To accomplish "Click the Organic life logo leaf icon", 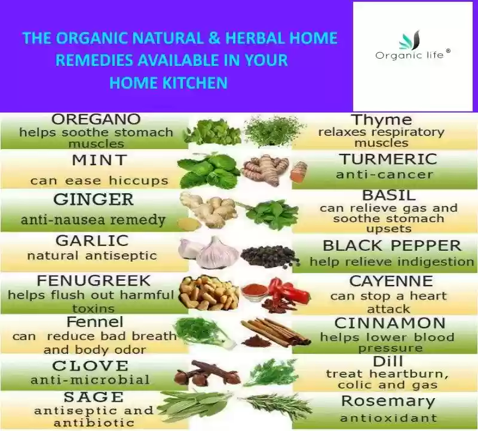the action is pyautogui.click(x=409, y=40).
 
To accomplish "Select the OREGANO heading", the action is pyautogui.click(x=96, y=119).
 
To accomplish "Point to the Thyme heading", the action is pyautogui.click(x=381, y=120).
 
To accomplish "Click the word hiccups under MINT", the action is pyautogui.click(x=139, y=180).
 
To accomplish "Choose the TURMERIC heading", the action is pyautogui.click(x=388, y=159).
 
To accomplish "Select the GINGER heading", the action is pyautogui.click(x=94, y=199).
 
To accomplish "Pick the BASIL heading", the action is pyautogui.click(x=389, y=196).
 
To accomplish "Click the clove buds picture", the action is pyautogui.click(x=207, y=373).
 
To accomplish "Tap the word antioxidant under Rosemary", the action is pyautogui.click(x=388, y=418).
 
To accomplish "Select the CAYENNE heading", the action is pyautogui.click(x=391, y=281).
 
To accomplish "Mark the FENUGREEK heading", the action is pyautogui.click(x=94, y=281).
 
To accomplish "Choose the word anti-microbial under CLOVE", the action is pyautogui.click(x=90, y=380).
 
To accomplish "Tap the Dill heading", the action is pyautogui.click(x=388, y=362).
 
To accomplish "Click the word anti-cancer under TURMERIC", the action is pyautogui.click(x=384, y=174).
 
